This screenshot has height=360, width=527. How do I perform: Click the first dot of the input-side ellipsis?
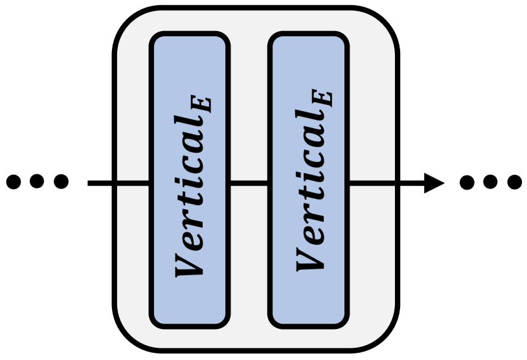14,183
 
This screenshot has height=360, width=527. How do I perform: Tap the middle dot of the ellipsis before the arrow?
38,183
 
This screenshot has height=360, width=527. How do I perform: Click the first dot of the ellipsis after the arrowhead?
467,183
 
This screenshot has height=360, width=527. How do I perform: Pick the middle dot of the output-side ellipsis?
491,183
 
